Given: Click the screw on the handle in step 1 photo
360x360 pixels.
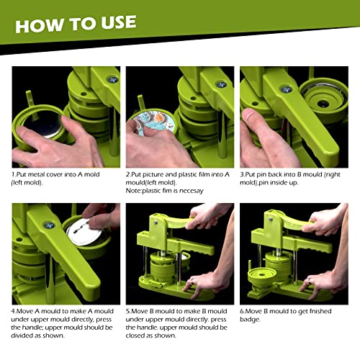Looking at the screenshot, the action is tap(112, 79).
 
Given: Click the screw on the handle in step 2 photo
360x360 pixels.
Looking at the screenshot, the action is tap(221, 84).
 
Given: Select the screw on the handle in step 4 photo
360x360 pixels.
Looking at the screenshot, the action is tap(49, 225).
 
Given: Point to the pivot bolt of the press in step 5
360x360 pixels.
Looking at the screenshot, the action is tap(156, 222).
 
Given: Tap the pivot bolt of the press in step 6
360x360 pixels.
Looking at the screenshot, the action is tap(271, 219).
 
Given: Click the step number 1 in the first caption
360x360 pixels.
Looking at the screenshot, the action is tap(13, 174).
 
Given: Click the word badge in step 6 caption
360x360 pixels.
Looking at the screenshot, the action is tap(250, 320).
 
